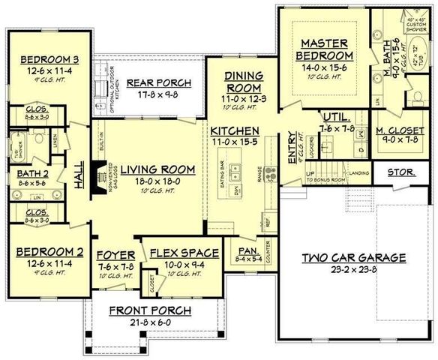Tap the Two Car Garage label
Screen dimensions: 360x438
pyautogui.click(x=355, y=258)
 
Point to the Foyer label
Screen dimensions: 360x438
pyautogui.click(x=115, y=253)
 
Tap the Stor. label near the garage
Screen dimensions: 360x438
pyautogui.click(x=400, y=173)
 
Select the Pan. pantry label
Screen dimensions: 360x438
pyautogui.click(x=246, y=251)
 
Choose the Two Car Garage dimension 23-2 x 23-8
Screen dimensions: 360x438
pyautogui.click(x=355, y=269)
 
